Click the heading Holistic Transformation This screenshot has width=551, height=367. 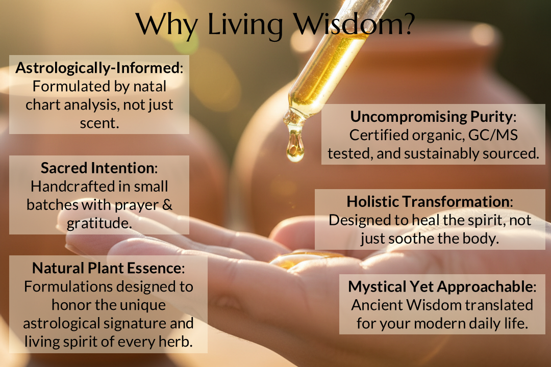tap(429, 201)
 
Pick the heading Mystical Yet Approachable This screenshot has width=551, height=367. tap(441, 286)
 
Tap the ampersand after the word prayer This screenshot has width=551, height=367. tap(167, 205)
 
